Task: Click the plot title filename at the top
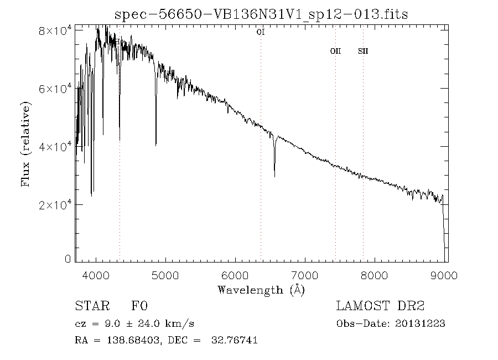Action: [x=261, y=14]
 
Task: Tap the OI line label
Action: [x=261, y=33]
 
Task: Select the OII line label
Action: [x=335, y=51]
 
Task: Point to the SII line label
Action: [x=363, y=51]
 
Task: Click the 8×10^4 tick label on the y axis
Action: [x=55, y=31]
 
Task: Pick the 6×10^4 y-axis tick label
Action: [x=55, y=89]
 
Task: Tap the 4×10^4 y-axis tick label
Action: [x=55, y=147]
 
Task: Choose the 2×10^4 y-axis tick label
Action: [x=55, y=205]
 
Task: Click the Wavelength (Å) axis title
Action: [x=261, y=289]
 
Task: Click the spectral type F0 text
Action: [x=139, y=306]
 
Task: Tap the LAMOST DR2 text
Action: [x=380, y=306]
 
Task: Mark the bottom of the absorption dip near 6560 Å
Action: [x=274, y=177]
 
